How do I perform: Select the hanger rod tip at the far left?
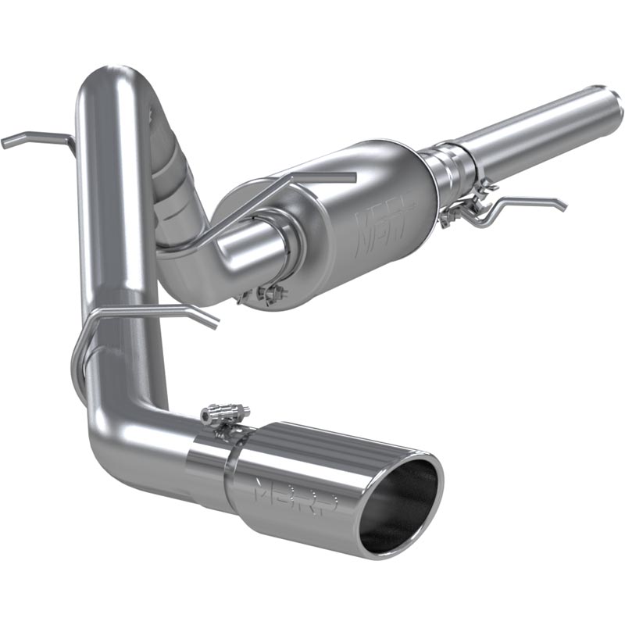pyautogui.click(x=8, y=143)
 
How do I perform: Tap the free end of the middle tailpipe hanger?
pyautogui.click(x=212, y=321)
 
